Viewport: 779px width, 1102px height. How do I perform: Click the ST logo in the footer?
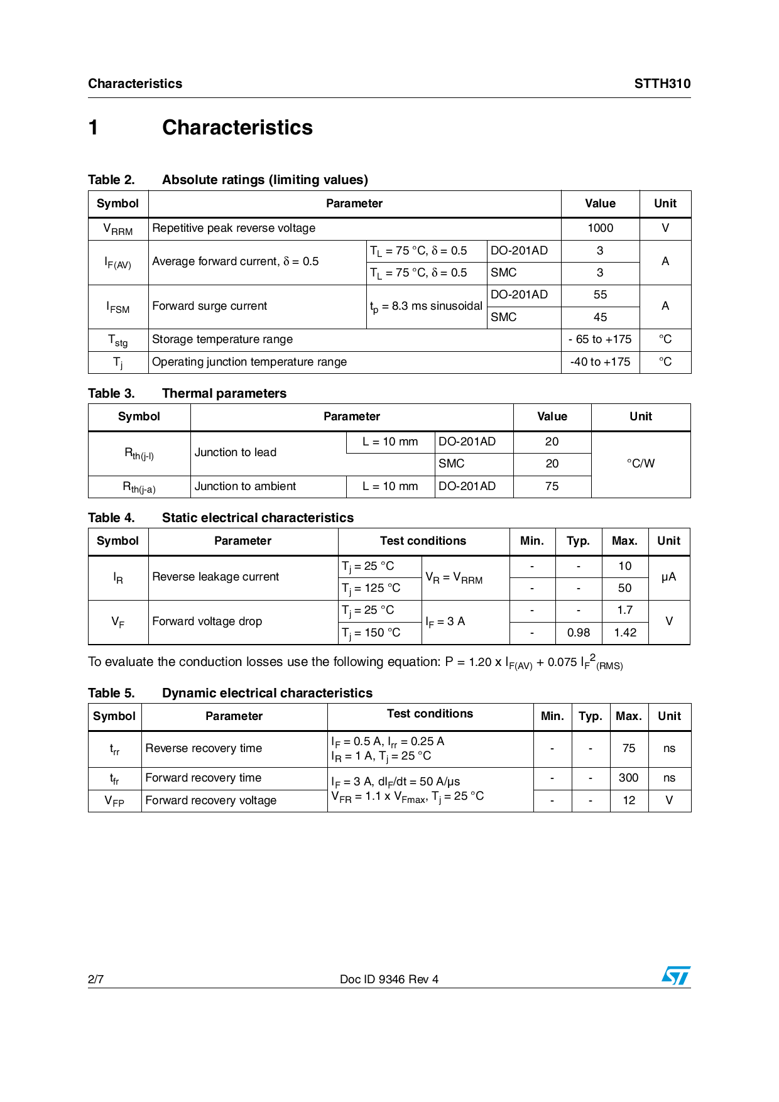[675, 975]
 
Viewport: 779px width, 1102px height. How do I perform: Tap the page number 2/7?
[96, 979]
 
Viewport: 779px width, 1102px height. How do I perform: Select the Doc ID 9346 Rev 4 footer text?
[389, 979]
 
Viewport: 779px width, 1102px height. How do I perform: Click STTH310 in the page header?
[662, 84]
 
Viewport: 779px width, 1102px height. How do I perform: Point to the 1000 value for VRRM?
[600, 228]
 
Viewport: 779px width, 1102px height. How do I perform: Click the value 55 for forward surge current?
[600, 295]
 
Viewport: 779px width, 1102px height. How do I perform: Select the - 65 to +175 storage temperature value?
[600, 339]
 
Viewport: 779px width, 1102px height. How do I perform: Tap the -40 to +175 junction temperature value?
[600, 362]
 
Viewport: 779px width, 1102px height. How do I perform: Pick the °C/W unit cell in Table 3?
[640, 464]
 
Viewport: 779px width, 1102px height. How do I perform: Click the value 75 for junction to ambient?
[552, 486]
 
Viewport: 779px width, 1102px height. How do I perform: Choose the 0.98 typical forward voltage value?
[578, 633]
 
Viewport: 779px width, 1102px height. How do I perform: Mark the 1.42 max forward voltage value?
[625, 633]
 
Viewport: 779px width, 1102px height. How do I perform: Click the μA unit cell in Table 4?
[668, 577]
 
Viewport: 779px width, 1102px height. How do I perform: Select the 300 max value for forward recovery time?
[628, 778]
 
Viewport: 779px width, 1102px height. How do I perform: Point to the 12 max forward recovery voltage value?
[628, 800]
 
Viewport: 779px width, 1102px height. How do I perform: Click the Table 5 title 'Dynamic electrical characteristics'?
[267, 693]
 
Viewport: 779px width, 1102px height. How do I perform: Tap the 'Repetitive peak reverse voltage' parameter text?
[234, 228]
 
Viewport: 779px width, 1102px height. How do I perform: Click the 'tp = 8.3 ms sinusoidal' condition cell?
[426, 307]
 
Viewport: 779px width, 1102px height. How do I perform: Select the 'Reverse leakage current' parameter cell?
[215, 577]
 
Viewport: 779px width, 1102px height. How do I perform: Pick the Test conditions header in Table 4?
[423, 541]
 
